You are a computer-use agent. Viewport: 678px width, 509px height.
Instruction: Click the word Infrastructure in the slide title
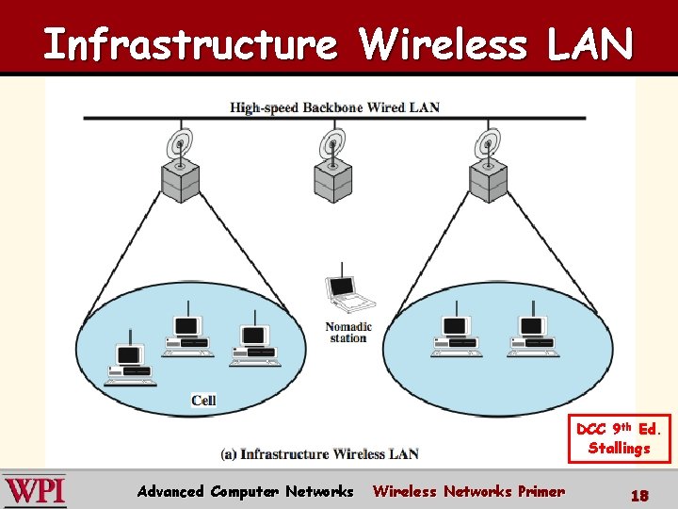(x=189, y=44)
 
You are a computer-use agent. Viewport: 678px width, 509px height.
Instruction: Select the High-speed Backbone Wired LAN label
(x=334, y=107)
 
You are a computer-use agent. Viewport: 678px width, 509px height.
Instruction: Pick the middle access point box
(x=332, y=179)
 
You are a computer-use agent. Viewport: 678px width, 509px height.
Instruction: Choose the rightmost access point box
(x=488, y=179)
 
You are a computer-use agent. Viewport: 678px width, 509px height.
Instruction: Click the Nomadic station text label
(x=348, y=333)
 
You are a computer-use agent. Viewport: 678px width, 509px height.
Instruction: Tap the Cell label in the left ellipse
(x=203, y=400)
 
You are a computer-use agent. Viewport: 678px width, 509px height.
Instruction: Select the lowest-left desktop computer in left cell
(x=129, y=364)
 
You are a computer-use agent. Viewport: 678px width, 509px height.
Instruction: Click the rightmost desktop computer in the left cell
(x=253, y=343)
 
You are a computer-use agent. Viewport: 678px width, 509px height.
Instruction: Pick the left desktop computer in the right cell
(x=456, y=334)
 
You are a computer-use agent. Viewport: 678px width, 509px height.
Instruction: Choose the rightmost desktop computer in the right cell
(x=533, y=334)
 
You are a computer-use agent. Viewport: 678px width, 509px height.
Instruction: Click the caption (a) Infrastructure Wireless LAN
(x=319, y=454)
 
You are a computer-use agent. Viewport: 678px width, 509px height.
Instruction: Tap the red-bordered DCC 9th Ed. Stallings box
(x=619, y=438)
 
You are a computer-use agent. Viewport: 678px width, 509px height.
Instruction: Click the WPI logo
(x=35, y=491)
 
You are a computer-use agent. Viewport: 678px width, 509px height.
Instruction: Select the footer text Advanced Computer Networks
(x=245, y=491)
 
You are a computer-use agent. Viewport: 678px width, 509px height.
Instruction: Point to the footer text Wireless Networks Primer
(x=469, y=491)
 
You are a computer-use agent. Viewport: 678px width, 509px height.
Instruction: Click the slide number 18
(x=638, y=493)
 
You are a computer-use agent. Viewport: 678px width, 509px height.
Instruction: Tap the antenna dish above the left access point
(x=177, y=144)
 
